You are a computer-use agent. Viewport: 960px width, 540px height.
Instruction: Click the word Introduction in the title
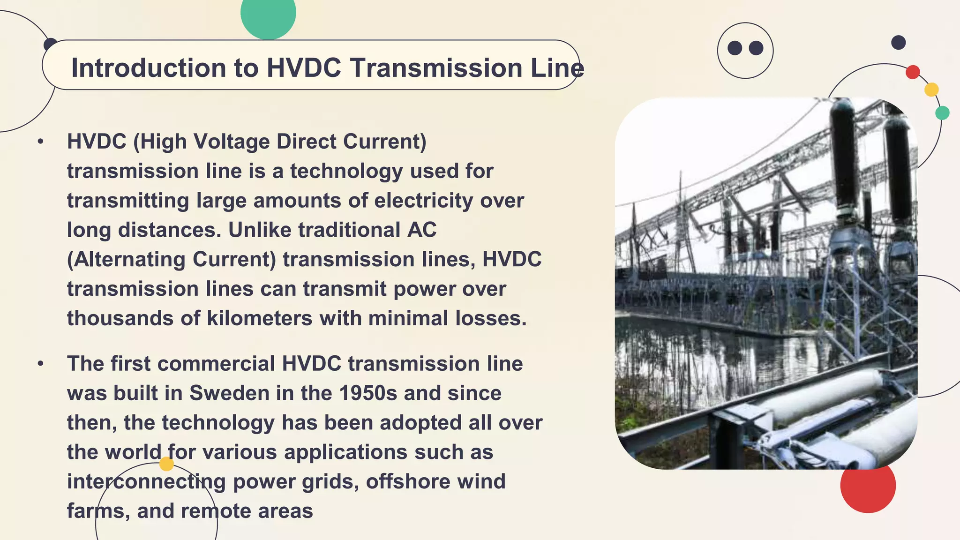point(148,68)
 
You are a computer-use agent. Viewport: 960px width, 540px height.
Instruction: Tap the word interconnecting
point(146,482)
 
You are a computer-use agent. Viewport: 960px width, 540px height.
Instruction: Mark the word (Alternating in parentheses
point(126,260)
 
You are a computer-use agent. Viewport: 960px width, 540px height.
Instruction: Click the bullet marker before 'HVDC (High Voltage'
point(41,141)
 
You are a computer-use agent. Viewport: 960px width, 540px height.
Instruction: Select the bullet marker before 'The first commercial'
point(41,363)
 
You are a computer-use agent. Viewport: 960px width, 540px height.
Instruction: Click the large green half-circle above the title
point(268,16)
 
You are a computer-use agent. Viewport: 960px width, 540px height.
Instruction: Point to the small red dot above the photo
point(913,72)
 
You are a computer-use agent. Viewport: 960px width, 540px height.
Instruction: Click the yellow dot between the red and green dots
point(931,90)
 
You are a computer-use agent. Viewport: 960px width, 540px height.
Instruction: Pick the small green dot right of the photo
point(942,113)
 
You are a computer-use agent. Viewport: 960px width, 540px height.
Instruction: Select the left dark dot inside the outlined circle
point(735,48)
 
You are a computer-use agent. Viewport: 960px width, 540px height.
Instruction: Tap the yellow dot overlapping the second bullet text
point(166,464)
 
